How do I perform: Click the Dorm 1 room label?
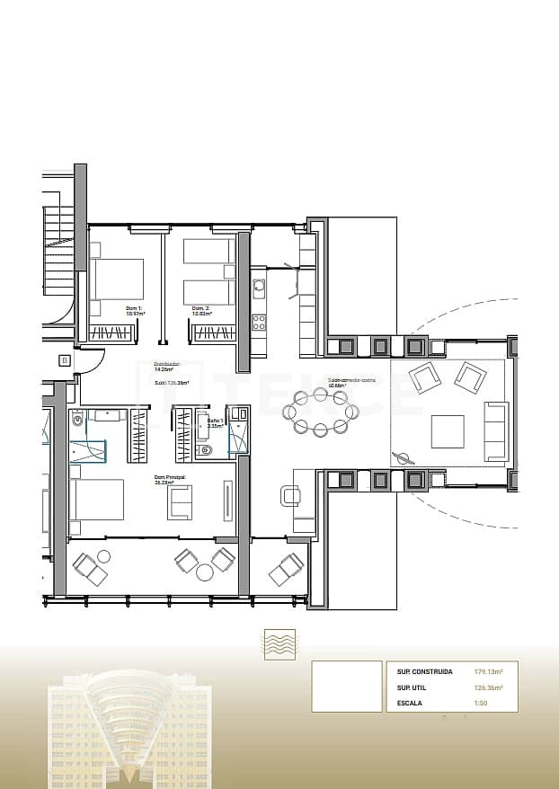(x=134, y=311)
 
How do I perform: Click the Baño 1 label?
(x=214, y=422)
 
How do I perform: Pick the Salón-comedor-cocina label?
(x=350, y=382)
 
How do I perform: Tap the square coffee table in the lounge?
(x=447, y=431)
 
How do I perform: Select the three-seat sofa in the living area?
(x=495, y=431)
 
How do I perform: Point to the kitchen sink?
(x=259, y=289)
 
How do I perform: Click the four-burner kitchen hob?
(x=259, y=322)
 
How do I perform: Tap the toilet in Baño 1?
(x=206, y=449)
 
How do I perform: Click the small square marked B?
(x=64, y=360)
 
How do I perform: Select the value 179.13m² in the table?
(x=488, y=671)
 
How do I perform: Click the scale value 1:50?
(x=481, y=704)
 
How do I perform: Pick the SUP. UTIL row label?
(x=411, y=687)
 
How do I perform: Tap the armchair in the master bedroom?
(x=179, y=502)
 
